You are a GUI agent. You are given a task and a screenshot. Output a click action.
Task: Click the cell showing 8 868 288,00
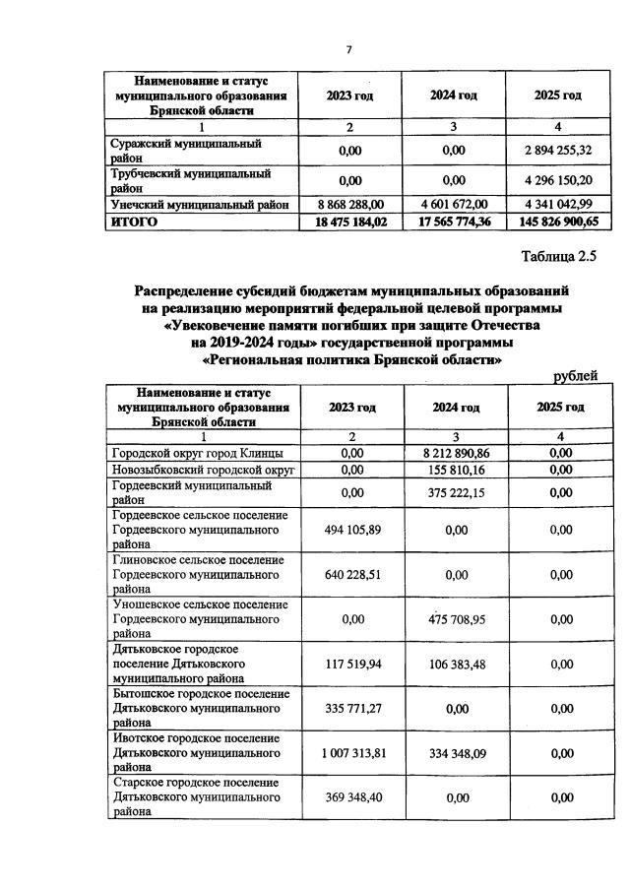(349, 204)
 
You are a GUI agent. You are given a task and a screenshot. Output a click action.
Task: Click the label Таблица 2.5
(560, 257)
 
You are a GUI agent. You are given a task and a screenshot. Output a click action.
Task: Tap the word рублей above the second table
(575, 375)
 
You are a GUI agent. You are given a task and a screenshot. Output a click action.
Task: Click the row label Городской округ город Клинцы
(198, 453)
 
